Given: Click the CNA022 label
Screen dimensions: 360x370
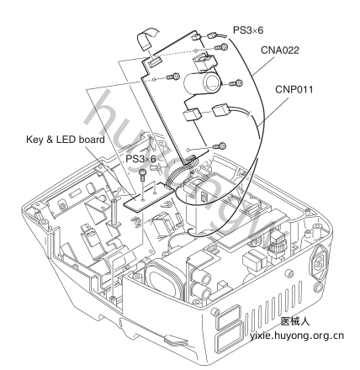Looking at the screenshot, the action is click(x=280, y=50).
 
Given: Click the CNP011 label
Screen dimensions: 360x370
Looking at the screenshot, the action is click(x=294, y=89).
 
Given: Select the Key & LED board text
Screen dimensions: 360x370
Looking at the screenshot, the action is click(x=66, y=140).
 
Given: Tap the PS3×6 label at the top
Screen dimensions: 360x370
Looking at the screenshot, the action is click(x=248, y=30).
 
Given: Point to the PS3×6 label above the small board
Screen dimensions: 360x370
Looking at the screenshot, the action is click(x=140, y=159).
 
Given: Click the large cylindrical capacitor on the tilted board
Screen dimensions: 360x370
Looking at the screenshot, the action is click(x=202, y=83).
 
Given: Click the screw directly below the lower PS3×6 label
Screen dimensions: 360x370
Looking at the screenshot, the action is click(x=143, y=174).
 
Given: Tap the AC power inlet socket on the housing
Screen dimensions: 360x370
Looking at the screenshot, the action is click(x=319, y=262).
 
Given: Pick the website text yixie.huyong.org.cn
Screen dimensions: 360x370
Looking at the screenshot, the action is click(x=297, y=336).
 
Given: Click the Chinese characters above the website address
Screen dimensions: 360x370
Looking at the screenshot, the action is click(x=295, y=321).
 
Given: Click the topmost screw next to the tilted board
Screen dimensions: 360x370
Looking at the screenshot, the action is click(x=220, y=47).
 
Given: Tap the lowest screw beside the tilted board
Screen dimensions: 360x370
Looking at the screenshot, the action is click(x=220, y=146).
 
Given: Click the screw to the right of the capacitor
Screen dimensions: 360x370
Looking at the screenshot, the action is click(x=236, y=83).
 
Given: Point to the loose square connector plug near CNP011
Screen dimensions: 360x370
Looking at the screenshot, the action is click(x=221, y=111).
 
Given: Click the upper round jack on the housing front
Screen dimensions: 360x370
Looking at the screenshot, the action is click(x=204, y=277).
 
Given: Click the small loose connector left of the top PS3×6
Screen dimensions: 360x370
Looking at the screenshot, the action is click(x=211, y=35).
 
